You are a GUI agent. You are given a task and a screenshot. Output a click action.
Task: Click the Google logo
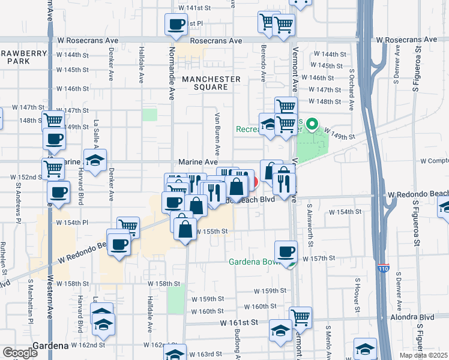pos(20,353)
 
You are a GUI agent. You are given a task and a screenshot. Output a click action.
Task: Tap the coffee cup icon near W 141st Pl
pos(176,25)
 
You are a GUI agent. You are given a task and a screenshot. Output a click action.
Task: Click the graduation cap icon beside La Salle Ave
pos(95,160)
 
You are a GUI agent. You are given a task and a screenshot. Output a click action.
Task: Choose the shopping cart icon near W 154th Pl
pos(128,227)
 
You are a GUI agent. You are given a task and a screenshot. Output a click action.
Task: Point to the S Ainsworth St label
pos(311,229)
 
